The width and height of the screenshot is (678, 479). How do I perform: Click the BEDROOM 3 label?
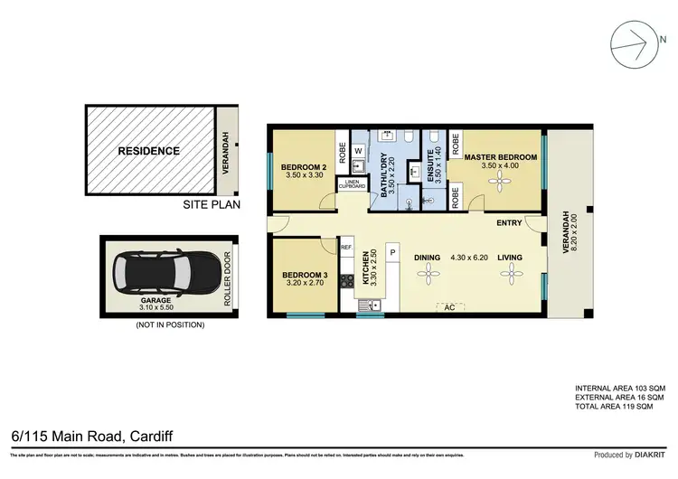click(x=304, y=275)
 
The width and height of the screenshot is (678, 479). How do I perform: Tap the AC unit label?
click(x=445, y=306)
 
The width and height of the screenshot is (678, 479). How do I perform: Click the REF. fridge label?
click(x=346, y=246)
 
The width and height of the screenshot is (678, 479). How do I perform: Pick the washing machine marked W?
click(x=358, y=150)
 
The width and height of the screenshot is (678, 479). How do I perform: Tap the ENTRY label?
click(x=509, y=222)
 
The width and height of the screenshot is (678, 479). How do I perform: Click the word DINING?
click(x=428, y=258)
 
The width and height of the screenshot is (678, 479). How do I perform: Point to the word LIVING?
click(x=510, y=258)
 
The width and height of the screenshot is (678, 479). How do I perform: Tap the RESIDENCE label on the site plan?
click(x=149, y=151)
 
